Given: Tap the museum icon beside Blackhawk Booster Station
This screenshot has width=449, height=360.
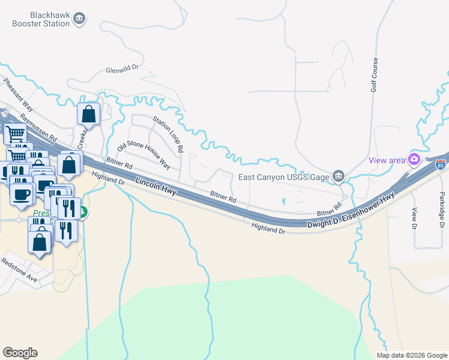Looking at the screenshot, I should tap(79, 19).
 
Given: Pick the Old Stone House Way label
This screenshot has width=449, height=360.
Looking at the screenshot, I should tap(144, 154).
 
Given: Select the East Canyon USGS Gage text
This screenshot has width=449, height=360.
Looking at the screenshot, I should tap(284, 176).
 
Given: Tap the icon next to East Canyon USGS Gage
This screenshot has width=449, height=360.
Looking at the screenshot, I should tap(339, 176).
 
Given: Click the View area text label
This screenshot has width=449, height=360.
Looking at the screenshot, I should tap(387, 160).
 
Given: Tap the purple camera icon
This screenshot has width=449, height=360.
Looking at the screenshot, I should tap(414, 159).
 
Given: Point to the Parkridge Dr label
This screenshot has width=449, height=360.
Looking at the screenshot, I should tap(441, 209).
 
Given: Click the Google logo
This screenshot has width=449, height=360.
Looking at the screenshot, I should tap(20, 353).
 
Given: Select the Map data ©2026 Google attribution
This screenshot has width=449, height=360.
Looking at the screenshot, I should tap(411, 355).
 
